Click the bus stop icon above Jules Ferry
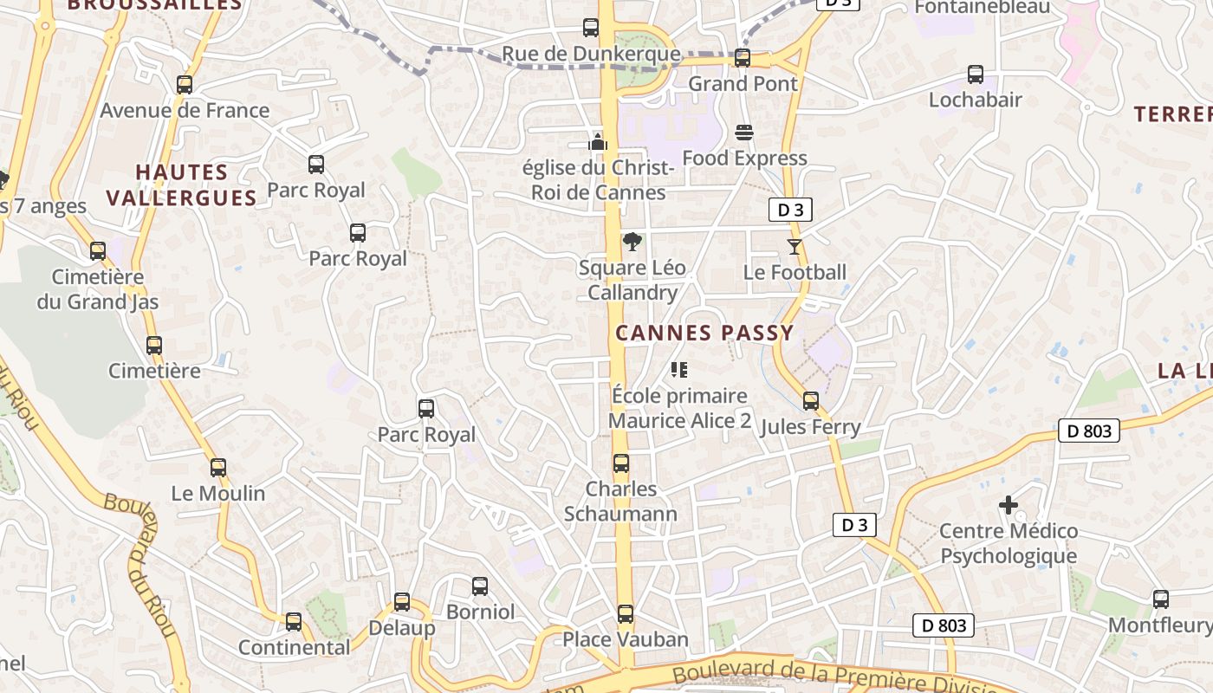811,401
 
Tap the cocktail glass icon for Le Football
795,247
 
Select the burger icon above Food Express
744,133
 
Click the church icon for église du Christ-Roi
598,141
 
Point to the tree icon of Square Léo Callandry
632,243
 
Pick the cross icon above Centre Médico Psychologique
1009,505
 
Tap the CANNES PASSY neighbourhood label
704,333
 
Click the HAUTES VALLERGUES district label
182,185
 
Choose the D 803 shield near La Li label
1089,431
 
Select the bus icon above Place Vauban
626,614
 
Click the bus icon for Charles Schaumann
621,463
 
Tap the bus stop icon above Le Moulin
218,468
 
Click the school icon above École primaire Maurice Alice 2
679,371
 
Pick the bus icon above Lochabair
976,74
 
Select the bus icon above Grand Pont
743,58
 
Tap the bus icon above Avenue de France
185,85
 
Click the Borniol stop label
480,612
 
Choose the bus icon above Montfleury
1161,599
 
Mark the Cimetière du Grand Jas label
98,289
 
